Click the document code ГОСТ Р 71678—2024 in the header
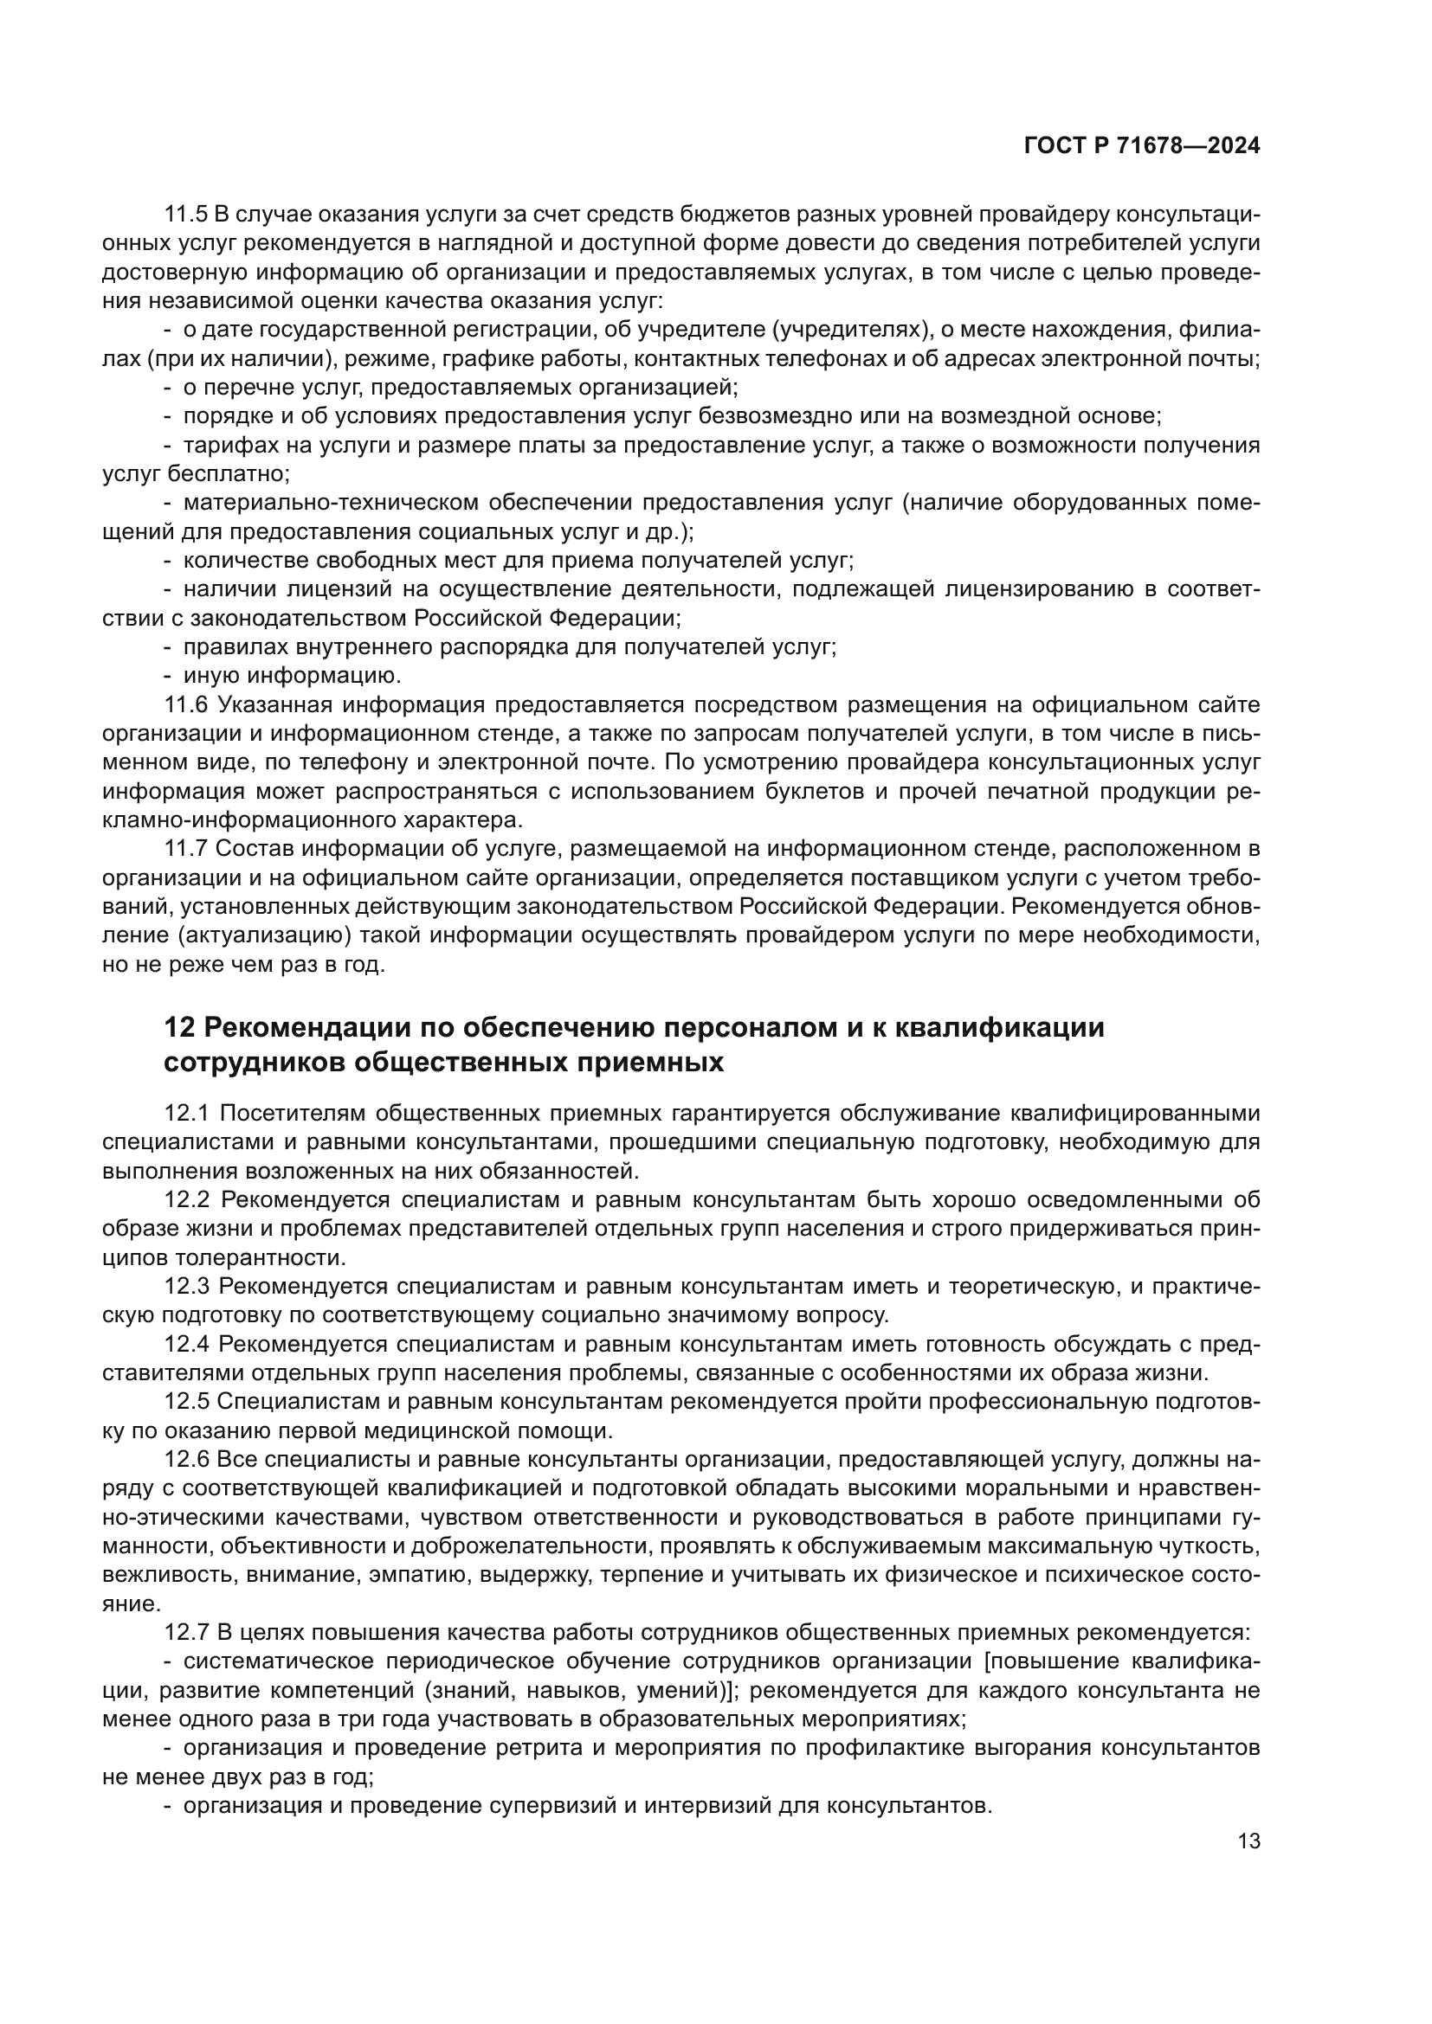point(1142,146)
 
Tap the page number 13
point(1248,1841)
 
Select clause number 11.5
point(186,215)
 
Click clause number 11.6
point(186,704)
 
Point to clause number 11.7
point(186,848)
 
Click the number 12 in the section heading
point(179,1028)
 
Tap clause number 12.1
point(186,1114)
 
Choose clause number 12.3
point(186,1287)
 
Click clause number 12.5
point(186,1402)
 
